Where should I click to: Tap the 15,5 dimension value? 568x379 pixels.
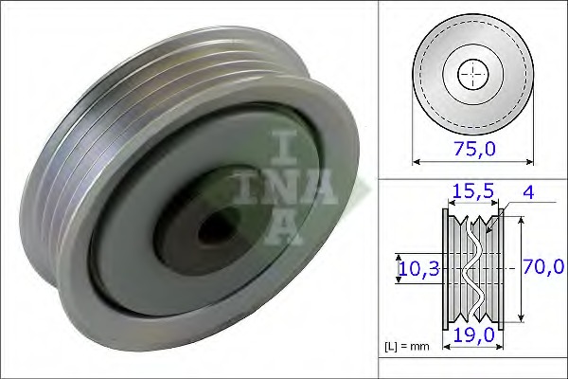(x=471, y=192)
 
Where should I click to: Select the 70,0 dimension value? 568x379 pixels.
(x=543, y=268)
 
